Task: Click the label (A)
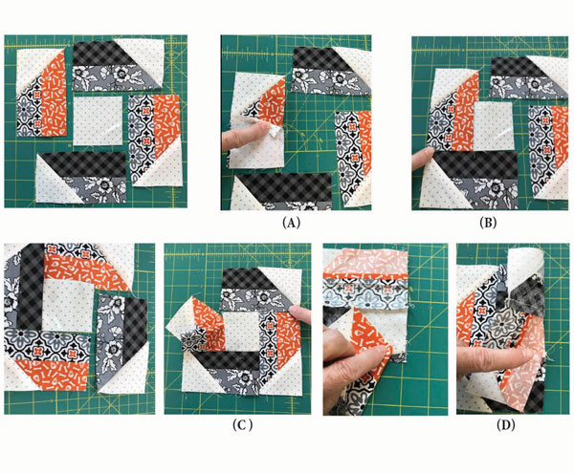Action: tap(292, 223)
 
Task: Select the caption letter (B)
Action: tap(488, 223)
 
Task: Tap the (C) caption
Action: tap(242, 424)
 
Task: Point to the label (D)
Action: tap(506, 424)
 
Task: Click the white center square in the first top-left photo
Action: tap(98, 120)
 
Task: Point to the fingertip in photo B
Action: tap(423, 158)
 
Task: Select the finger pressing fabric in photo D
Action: tap(495, 361)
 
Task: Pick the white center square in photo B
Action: tap(494, 125)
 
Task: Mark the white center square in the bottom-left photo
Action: tap(68, 307)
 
